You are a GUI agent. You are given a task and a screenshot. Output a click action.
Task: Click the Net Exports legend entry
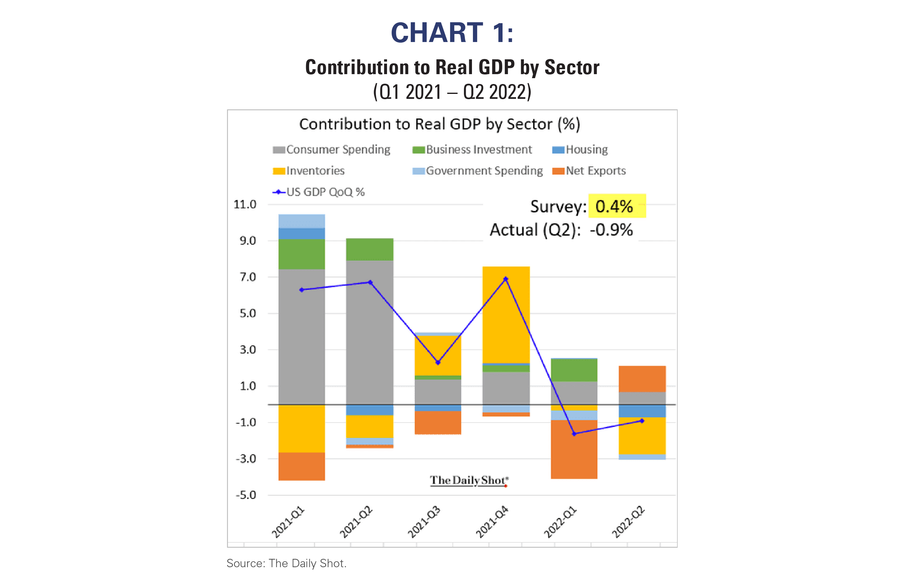tap(589, 171)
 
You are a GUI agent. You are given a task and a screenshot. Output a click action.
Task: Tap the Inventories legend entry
tap(309, 171)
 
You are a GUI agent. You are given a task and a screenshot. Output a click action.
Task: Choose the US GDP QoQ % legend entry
tap(318, 192)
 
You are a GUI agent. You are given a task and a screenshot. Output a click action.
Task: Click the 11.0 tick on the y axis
tap(245, 205)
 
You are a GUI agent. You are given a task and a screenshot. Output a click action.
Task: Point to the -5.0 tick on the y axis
tap(246, 495)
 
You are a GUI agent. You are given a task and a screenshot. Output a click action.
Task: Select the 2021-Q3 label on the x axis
tap(424, 522)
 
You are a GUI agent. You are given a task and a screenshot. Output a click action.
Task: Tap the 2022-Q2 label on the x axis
tap(628, 522)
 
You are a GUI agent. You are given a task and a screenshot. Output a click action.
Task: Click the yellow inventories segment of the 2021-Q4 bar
tap(506, 314)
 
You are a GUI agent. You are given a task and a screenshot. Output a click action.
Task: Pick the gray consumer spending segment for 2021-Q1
tap(301, 336)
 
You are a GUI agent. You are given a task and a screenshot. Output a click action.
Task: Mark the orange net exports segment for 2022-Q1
tap(574, 449)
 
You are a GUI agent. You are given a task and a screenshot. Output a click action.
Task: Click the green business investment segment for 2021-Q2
tap(369, 250)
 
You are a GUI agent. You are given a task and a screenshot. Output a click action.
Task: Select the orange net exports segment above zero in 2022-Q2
tap(642, 379)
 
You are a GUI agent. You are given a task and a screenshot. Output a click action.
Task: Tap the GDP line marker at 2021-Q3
tap(438, 363)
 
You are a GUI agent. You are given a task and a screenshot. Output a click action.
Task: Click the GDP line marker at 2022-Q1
tap(574, 434)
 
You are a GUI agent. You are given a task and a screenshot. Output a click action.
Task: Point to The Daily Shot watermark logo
tap(469, 481)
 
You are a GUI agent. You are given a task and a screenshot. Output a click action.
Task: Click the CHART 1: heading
tap(452, 33)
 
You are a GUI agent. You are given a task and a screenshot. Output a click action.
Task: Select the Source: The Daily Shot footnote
tap(286, 563)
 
